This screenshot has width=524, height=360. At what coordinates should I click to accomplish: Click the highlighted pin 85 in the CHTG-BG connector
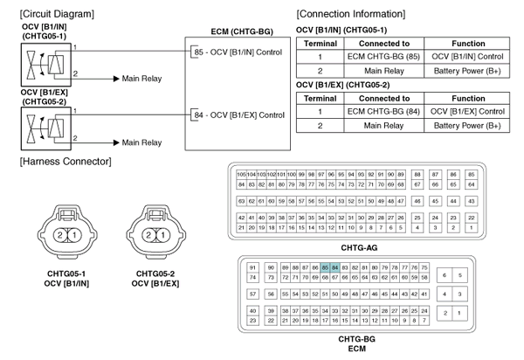(x=325, y=266)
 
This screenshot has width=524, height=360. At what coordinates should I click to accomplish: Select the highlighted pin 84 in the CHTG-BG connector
(x=335, y=266)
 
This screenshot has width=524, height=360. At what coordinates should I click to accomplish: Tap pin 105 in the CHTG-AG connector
(x=241, y=176)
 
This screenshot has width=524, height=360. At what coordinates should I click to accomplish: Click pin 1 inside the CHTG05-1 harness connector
(x=74, y=235)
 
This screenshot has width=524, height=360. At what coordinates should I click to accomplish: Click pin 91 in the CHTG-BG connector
(x=253, y=266)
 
